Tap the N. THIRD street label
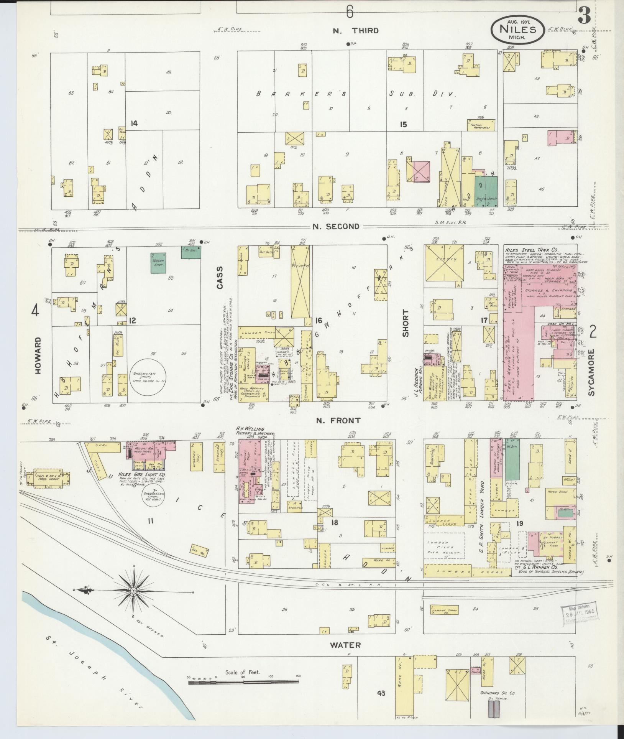coord(355,31)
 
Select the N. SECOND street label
coord(336,226)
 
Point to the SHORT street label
coord(405,323)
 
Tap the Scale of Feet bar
coord(243,682)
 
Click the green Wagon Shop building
coord(158,263)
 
